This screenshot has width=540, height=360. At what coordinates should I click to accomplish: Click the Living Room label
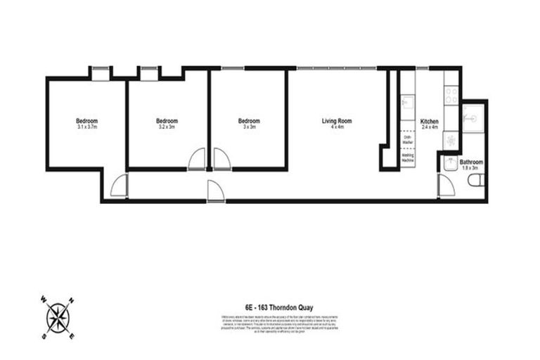(336, 121)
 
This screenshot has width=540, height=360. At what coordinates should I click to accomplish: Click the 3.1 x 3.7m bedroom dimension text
(86, 127)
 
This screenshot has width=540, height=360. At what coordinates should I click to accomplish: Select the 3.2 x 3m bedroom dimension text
(167, 127)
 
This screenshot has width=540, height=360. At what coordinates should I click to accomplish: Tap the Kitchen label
(429, 121)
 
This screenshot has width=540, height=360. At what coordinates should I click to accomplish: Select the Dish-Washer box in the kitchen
(407, 140)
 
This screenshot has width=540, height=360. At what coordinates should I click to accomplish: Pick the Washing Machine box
(407, 159)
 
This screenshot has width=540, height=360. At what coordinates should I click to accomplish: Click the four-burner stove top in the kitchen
(451, 95)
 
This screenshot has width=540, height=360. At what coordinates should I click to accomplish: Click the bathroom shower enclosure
(472, 117)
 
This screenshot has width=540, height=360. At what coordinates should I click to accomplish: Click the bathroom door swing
(445, 186)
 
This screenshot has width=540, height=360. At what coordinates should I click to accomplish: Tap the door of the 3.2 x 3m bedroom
(198, 160)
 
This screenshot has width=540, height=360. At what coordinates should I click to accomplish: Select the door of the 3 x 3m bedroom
(221, 160)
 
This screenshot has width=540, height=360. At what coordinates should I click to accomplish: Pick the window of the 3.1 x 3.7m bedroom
(101, 68)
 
